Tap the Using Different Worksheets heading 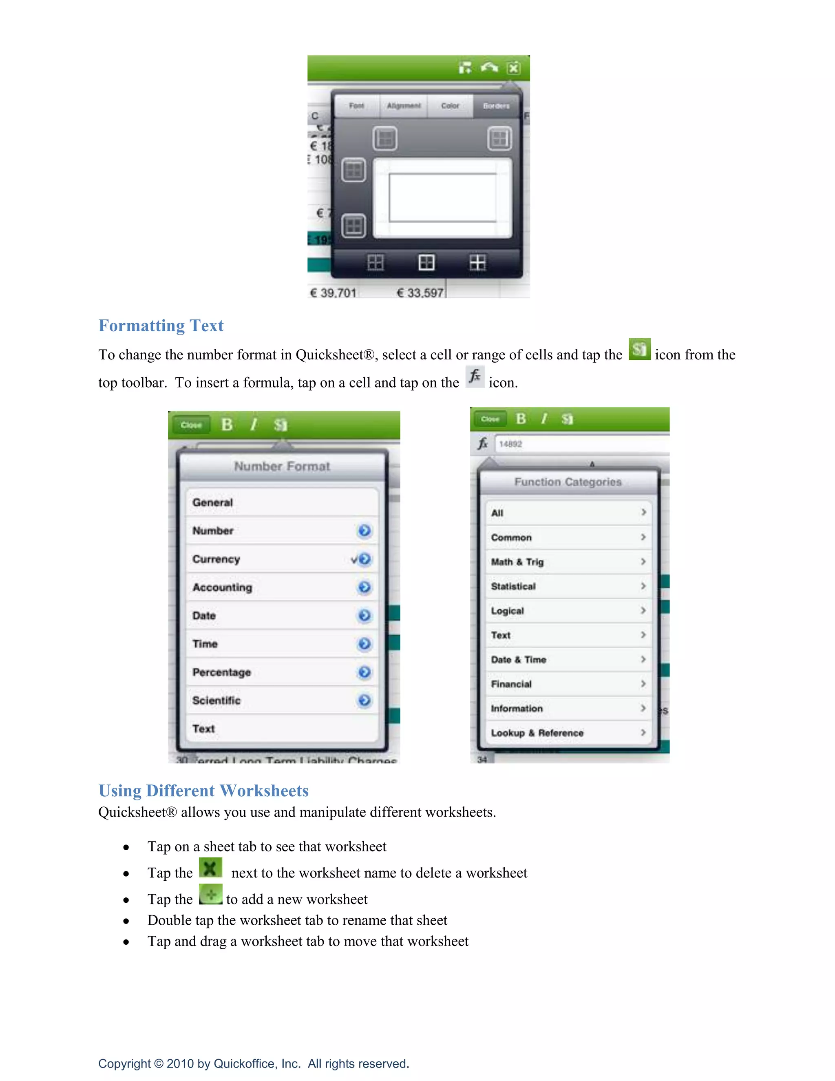click(203, 791)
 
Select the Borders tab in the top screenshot click(496, 106)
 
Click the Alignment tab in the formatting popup click(404, 106)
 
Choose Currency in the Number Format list click(216, 559)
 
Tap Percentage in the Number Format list click(222, 672)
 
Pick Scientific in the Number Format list click(216, 700)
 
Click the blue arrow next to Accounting click(364, 587)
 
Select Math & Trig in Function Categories click(517, 562)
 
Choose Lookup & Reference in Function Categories click(537, 733)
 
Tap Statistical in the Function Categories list click(513, 586)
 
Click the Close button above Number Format click(191, 425)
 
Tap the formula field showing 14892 click(579, 444)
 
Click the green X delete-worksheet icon click(210, 868)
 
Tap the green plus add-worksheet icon click(211, 895)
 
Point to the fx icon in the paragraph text click(475, 377)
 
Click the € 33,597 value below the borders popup click(420, 293)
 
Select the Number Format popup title click(282, 466)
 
